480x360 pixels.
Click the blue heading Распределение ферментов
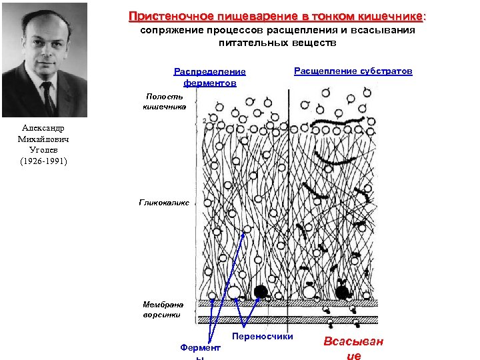[x=209, y=77]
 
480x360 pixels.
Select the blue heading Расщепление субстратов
[x=353, y=71]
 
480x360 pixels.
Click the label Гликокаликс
[x=164, y=201]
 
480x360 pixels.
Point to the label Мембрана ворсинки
[x=162, y=309]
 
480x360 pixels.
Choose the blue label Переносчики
[x=263, y=337]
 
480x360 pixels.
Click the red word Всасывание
[x=353, y=348]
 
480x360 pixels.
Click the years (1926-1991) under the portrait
[x=44, y=161]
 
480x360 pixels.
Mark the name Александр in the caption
[x=44, y=128]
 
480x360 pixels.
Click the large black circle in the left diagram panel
[x=261, y=292]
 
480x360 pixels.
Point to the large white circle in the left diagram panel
[x=234, y=292]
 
